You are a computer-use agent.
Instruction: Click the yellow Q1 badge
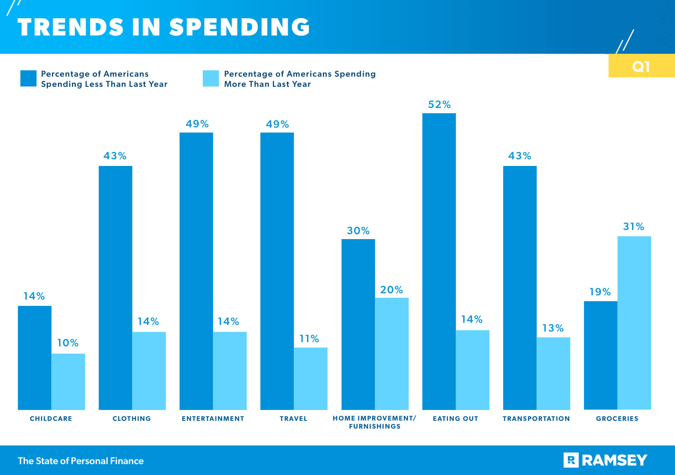tap(641, 66)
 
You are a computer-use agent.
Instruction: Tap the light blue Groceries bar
tap(634, 323)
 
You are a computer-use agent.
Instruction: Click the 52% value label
tap(439, 104)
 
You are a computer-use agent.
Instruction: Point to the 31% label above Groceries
tap(634, 226)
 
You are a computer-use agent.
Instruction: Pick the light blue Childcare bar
tap(68, 381)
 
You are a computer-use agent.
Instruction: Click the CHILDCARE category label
tap(51, 418)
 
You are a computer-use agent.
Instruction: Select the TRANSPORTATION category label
tap(536, 418)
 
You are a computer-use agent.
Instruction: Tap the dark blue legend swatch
tap(28, 78)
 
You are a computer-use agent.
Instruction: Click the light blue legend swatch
tap(211, 78)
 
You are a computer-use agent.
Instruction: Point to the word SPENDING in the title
tap(239, 27)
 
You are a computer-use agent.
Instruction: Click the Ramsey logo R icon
tap(571, 460)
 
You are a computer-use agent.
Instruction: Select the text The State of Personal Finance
tap(81, 461)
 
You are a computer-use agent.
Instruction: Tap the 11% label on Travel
tap(309, 339)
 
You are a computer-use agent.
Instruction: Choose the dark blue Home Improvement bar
tap(358, 324)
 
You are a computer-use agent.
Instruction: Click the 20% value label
tap(391, 290)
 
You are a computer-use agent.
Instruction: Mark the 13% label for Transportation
tap(553, 328)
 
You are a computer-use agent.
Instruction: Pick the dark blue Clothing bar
tap(115, 288)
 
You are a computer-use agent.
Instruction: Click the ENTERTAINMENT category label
tap(213, 418)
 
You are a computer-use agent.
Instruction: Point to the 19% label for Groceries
tap(600, 292)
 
